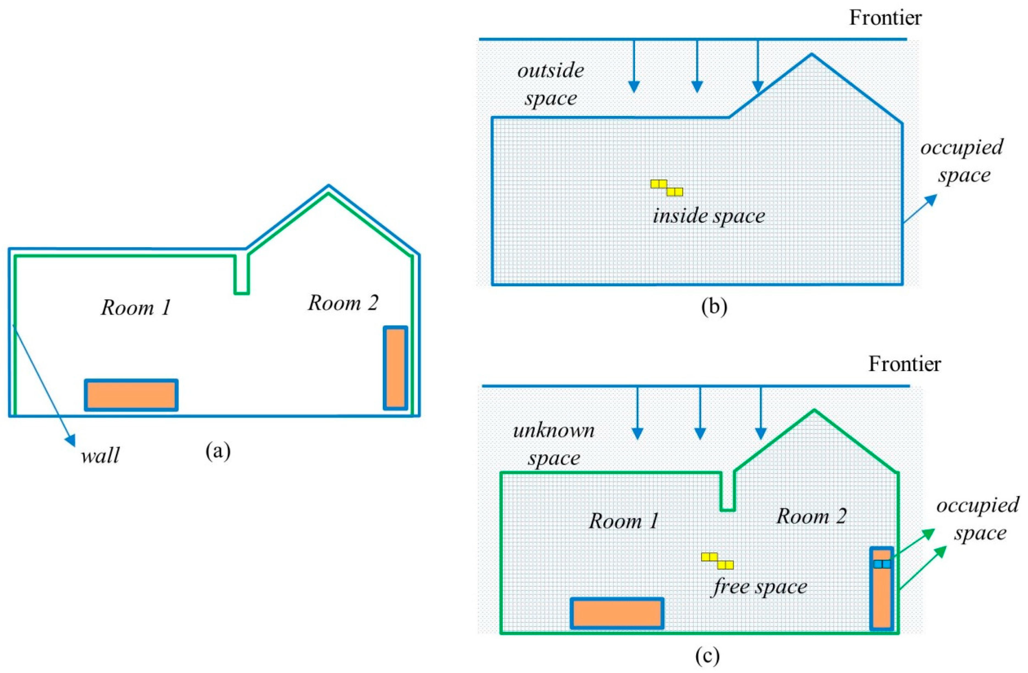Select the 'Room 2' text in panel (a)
click(343, 303)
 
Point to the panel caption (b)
click(714, 307)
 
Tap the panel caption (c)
click(708, 656)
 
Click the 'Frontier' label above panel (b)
click(885, 18)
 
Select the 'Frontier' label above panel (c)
click(905, 364)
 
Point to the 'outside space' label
click(551, 84)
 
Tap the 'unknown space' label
click(554, 445)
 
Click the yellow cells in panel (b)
click(667, 188)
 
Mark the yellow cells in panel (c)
click(717, 561)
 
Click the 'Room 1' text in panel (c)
click(624, 521)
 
